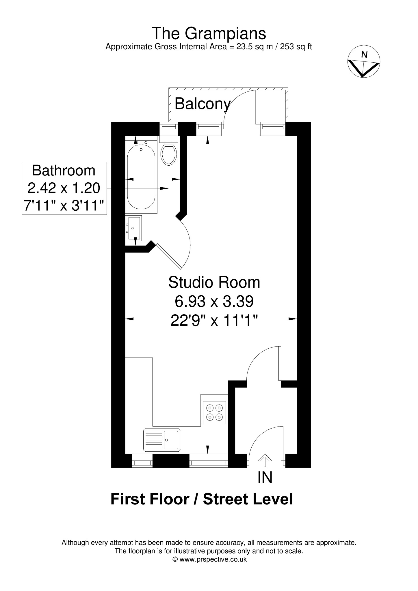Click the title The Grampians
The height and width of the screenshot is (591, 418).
tap(209, 33)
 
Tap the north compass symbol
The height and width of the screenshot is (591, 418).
tap(363, 61)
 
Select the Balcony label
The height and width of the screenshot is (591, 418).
tap(203, 104)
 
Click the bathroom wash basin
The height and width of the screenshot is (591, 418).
tap(134, 228)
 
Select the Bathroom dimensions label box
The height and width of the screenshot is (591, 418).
tap(64, 188)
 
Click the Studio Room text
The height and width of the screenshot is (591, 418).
tap(214, 282)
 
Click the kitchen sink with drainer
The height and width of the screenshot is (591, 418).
tap(162, 440)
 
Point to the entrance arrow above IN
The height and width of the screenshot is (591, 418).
tap(265, 461)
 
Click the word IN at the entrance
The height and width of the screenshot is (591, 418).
tap(265, 477)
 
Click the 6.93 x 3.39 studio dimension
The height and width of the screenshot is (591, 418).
tap(214, 302)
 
